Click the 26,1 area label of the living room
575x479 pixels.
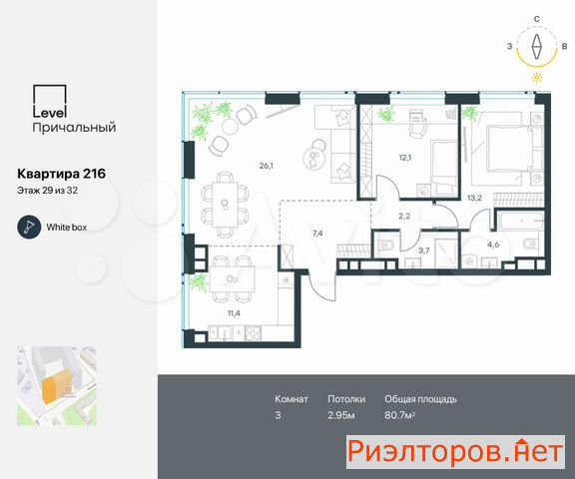[x=266, y=166]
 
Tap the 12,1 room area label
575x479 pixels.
[x=405, y=158]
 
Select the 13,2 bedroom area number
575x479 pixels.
[x=474, y=198]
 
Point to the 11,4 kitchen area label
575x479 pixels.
[x=234, y=313]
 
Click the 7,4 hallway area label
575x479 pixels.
[x=317, y=234]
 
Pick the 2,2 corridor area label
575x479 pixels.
[x=404, y=217]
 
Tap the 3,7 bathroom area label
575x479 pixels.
[x=423, y=250]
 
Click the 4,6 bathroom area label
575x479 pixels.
[x=493, y=244]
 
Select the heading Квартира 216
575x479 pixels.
[x=62, y=174]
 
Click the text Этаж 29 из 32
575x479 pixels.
[x=47, y=191]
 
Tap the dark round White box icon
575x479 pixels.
[x=29, y=228]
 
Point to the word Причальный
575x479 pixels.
[x=74, y=128]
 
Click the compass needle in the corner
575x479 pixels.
[x=537, y=47]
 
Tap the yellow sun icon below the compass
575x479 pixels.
[x=537, y=78]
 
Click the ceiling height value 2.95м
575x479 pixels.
[x=341, y=415]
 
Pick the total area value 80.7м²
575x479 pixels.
[x=399, y=415]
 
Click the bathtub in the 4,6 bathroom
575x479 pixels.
[x=520, y=221]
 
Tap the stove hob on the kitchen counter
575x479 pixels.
[x=253, y=333]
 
